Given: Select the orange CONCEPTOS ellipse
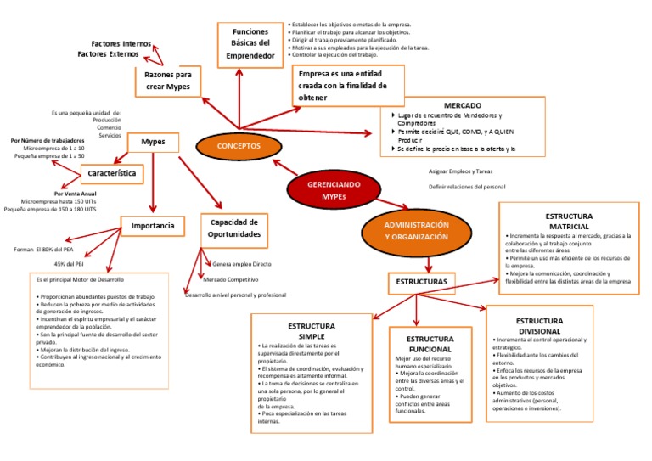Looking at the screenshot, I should click(239, 146).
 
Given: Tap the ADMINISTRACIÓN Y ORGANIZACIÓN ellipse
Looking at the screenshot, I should click(416, 231).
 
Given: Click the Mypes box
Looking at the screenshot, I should click(153, 142).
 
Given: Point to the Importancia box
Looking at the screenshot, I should click(153, 226).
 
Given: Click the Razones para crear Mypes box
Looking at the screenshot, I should click(167, 81).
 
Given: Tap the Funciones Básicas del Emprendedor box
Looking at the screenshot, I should click(250, 44).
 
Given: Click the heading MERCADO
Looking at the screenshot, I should click(463, 105).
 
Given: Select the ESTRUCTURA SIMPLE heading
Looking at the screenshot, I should click(312, 331).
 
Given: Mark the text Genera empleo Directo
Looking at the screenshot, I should click(242, 264).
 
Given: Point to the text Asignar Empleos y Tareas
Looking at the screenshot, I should click(460, 171).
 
